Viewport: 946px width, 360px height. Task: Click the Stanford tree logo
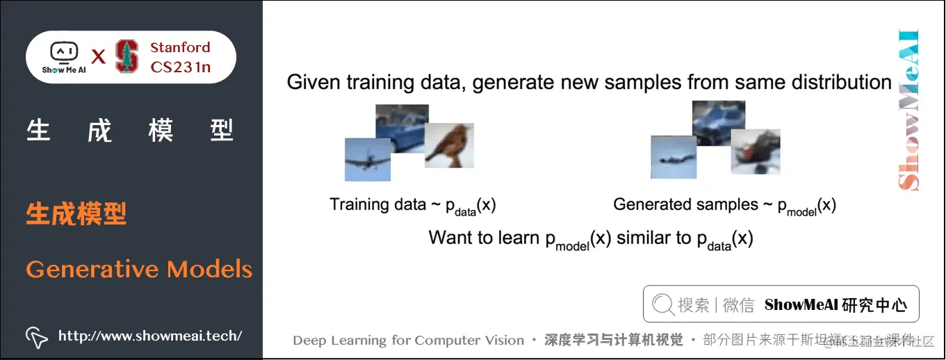point(127,57)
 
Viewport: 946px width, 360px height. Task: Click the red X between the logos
point(98,58)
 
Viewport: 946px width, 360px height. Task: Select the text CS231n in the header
point(180,67)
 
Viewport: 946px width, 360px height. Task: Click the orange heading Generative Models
point(139,269)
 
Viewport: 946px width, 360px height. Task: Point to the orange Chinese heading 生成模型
point(76,214)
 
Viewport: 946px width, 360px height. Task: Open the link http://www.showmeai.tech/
point(150,336)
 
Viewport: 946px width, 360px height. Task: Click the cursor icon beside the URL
point(36,336)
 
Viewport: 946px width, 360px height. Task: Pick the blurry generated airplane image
point(673,158)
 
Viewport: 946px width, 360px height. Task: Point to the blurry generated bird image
point(756,152)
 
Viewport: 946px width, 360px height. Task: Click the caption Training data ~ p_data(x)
point(412,205)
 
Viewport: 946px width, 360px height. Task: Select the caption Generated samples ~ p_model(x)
point(724,205)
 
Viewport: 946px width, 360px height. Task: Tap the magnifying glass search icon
point(662,304)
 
